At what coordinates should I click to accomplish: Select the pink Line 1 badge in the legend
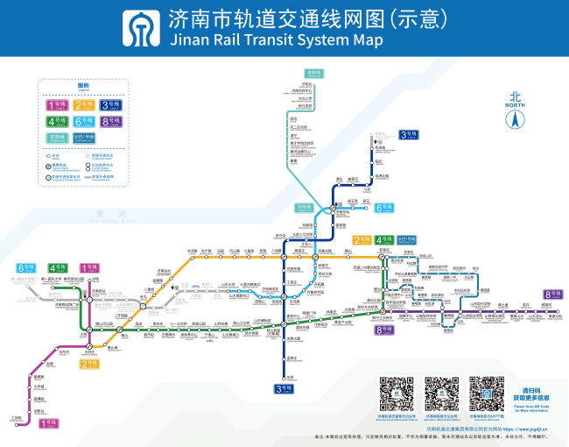pyautogui.click(x=57, y=105)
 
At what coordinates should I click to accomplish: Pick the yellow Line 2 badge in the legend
pyautogui.click(x=84, y=105)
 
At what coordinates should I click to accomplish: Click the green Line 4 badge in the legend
pyautogui.click(x=57, y=121)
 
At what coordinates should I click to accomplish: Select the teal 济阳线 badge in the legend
pyautogui.click(x=57, y=137)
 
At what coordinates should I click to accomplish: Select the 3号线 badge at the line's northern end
pyautogui.click(x=408, y=134)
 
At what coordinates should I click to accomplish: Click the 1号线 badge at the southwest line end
pyautogui.click(x=50, y=422)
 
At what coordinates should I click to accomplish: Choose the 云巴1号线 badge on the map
pyautogui.click(x=408, y=239)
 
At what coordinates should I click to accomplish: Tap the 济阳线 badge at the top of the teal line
pyautogui.click(x=313, y=73)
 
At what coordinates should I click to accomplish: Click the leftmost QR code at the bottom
pyautogui.click(x=396, y=394)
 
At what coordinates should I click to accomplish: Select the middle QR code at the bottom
pyautogui.click(x=441, y=394)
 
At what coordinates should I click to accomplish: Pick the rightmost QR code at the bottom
pyautogui.click(x=486, y=394)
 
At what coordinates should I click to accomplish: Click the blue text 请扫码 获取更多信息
pyautogui.click(x=531, y=394)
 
